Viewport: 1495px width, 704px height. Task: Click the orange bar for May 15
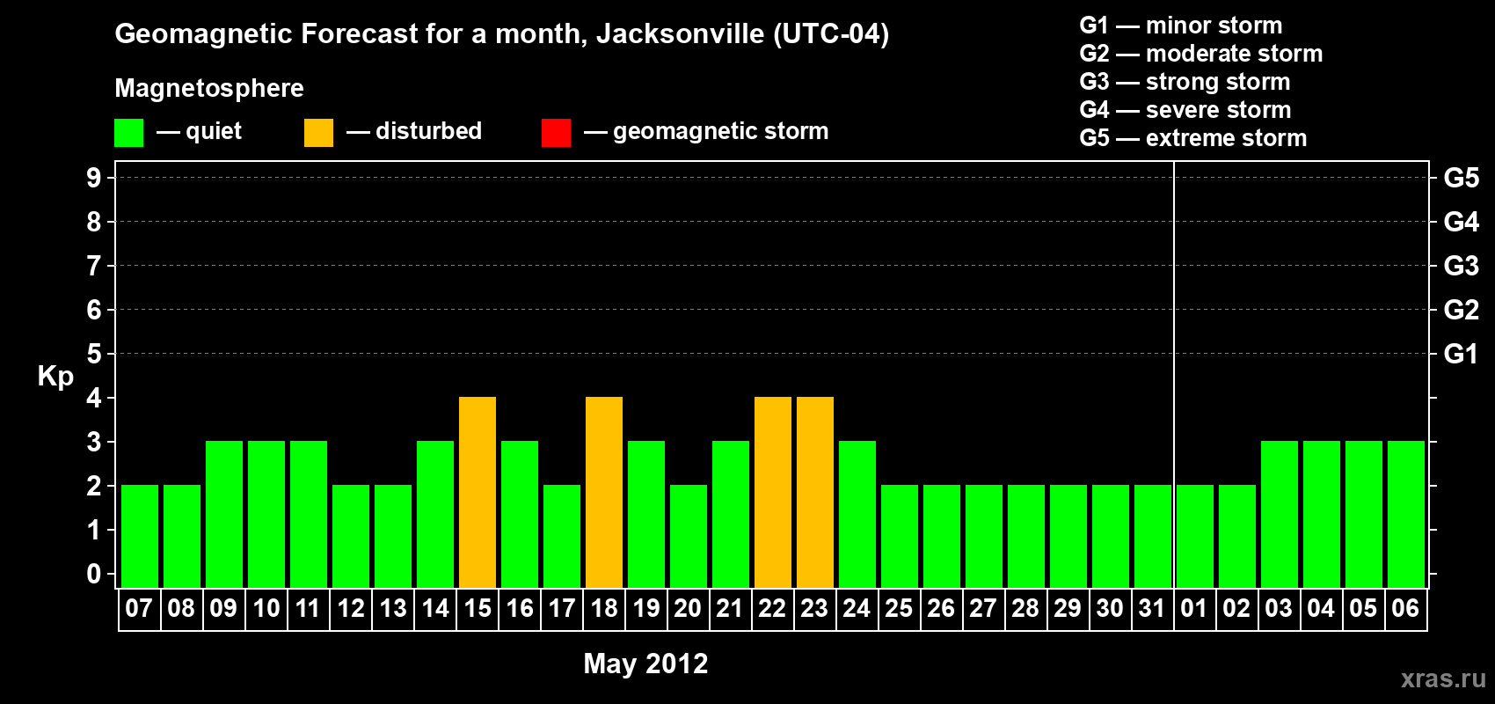pyautogui.click(x=478, y=493)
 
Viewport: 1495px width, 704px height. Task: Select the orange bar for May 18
pyautogui.click(x=604, y=493)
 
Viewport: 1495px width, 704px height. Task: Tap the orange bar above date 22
pyautogui.click(x=773, y=493)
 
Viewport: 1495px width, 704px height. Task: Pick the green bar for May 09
pyautogui.click(x=224, y=515)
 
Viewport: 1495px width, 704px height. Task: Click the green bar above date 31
pyautogui.click(x=1153, y=537)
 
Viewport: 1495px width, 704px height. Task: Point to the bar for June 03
pyautogui.click(x=1280, y=515)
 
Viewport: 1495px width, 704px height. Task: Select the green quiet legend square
pyautogui.click(x=128, y=133)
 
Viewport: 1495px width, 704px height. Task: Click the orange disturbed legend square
pyautogui.click(x=318, y=133)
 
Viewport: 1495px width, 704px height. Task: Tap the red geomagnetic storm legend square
pyautogui.click(x=556, y=133)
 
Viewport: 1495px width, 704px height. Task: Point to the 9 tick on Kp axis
pyautogui.click(x=94, y=178)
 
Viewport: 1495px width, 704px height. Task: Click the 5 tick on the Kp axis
pyautogui.click(x=94, y=354)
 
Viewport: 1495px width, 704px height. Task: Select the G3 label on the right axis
pyautogui.click(x=1461, y=266)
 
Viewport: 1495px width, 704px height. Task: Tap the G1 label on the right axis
pyautogui.click(x=1461, y=354)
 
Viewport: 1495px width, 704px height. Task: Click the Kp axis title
pyautogui.click(x=55, y=377)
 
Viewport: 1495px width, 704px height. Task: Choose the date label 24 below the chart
pyautogui.click(x=857, y=608)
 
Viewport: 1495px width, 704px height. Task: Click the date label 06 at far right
pyautogui.click(x=1405, y=608)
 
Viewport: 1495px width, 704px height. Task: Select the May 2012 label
pyautogui.click(x=645, y=664)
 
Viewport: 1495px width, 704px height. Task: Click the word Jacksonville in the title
pyautogui.click(x=680, y=34)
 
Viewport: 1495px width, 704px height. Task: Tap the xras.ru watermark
pyautogui.click(x=1443, y=678)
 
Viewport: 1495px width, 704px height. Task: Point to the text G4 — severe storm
pyautogui.click(x=1185, y=110)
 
